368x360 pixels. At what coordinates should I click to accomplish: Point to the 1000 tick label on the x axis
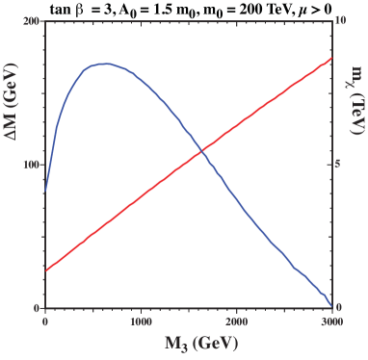coord(141,321)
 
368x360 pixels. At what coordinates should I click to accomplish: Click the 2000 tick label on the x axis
coord(236,321)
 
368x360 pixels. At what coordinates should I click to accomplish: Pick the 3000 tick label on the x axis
coord(330,321)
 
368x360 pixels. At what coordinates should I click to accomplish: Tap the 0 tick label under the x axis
coord(45,321)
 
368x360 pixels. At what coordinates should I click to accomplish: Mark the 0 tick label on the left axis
coord(38,308)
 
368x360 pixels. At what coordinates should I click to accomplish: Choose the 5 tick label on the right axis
coord(339,164)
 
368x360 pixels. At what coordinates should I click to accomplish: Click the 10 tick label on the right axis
coord(341,20)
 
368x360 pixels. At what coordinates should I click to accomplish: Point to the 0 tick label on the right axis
coord(339,308)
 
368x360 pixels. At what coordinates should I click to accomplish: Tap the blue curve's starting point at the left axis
coord(46,191)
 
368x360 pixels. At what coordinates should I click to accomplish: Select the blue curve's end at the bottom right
coord(331,305)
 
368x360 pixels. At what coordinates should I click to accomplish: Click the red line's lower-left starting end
coord(46,270)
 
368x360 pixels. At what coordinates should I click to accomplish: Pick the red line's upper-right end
coord(331,58)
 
